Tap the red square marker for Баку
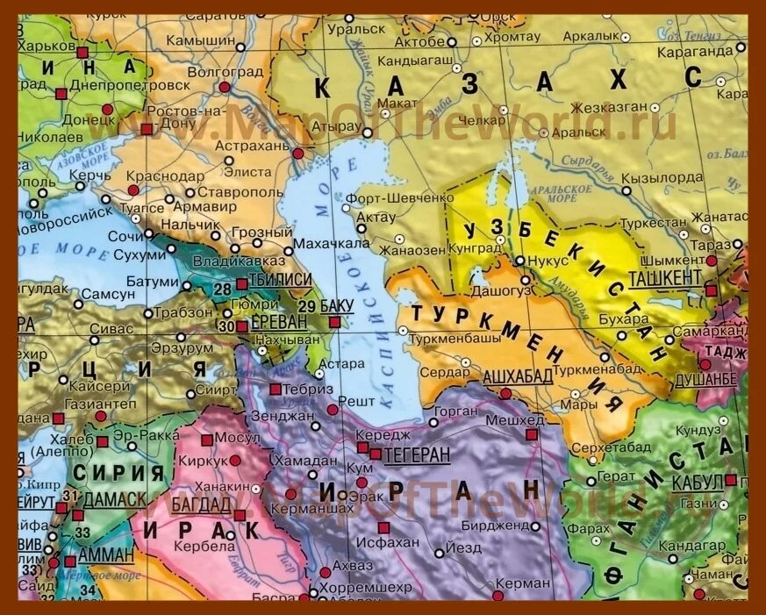click(333, 323)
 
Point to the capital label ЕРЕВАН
click(279, 322)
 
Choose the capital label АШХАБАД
click(518, 376)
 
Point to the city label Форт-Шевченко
click(399, 197)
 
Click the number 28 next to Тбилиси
click(221, 289)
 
